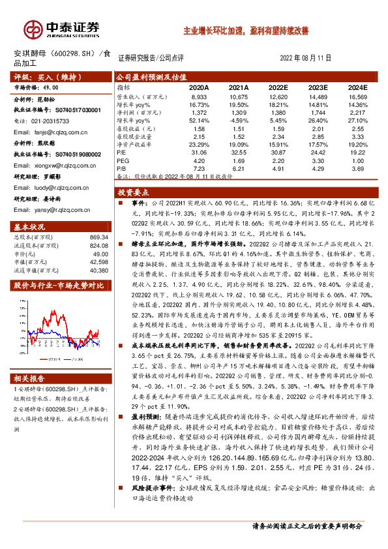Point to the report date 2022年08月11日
[x=305, y=58]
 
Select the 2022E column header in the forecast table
[x=278, y=87]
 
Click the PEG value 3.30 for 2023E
[x=318, y=160]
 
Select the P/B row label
[x=121, y=168]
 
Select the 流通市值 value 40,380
[x=98, y=269]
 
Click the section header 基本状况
[x=30, y=226]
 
